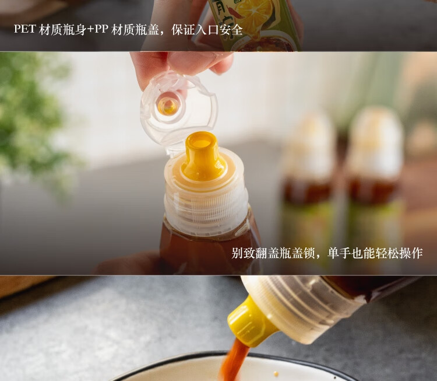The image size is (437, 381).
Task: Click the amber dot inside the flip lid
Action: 168,106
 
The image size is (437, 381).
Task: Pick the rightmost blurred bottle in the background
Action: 376,175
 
